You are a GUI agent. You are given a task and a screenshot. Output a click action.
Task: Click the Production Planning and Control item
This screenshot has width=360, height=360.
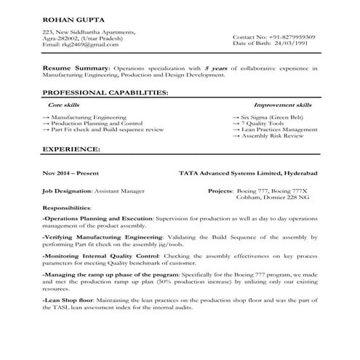coord(96,124)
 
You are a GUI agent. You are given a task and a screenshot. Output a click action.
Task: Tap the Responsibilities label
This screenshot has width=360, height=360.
coord(71,207)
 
